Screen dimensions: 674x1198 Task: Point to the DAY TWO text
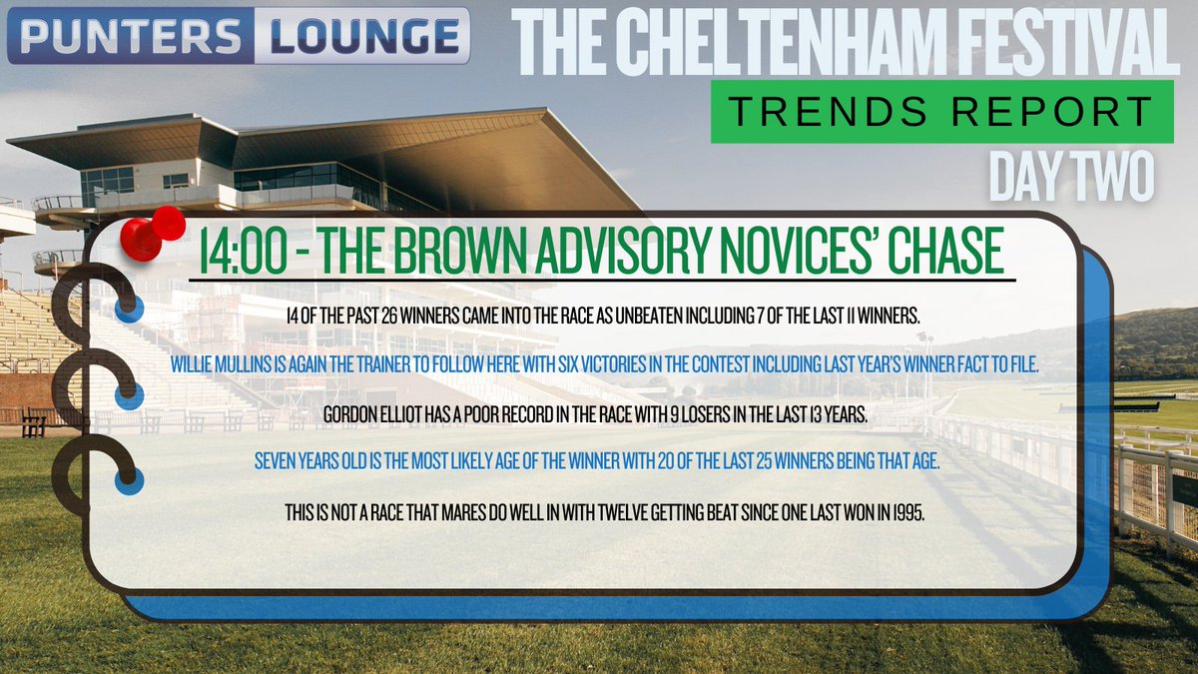click(1071, 176)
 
